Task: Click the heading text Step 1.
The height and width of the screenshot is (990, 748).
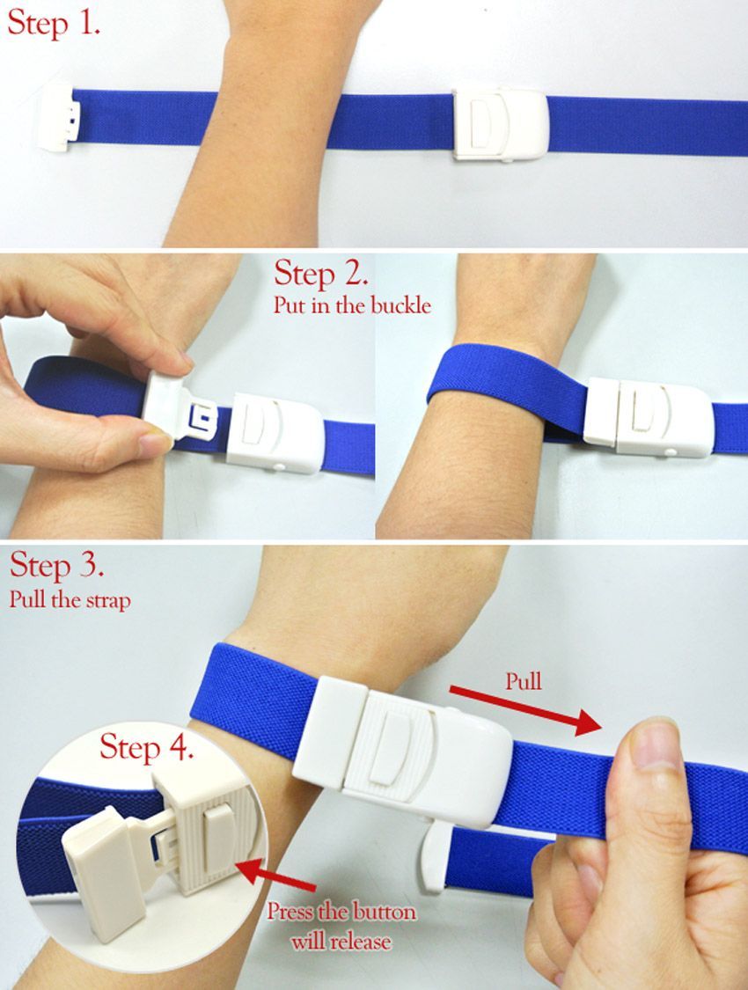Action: [53, 24]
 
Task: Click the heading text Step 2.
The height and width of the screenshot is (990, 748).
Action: [320, 274]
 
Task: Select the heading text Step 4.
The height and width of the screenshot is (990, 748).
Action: [146, 747]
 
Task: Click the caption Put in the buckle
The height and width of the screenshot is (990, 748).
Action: [352, 305]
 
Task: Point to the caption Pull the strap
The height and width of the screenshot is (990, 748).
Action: [70, 599]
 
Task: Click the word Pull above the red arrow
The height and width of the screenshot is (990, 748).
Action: [524, 681]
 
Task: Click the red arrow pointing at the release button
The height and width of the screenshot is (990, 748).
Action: [278, 874]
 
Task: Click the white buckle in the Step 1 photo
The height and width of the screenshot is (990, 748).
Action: [499, 124]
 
